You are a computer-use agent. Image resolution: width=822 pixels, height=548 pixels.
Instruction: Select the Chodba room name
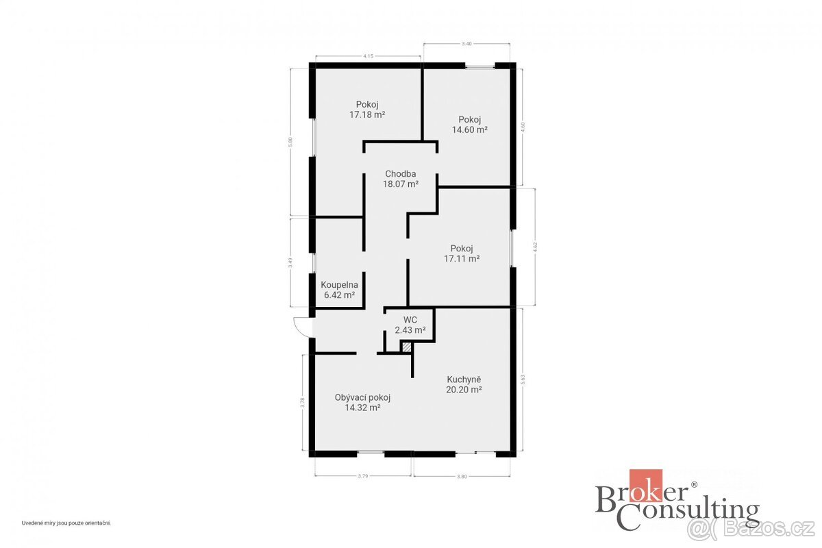coord(401,174)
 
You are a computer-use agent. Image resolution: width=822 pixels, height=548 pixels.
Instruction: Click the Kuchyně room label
coord(464,379)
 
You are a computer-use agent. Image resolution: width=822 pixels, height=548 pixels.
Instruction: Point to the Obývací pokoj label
coord(362,397)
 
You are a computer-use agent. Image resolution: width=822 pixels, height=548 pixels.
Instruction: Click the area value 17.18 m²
coord(366,115)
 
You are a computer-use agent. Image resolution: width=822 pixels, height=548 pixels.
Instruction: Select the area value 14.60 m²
coord(469,129)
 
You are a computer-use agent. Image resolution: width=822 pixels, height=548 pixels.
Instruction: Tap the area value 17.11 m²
coord(461,259)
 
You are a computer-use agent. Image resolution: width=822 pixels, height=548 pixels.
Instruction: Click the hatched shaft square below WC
coord(407,348)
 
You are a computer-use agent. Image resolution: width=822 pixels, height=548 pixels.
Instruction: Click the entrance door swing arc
coord(300,327)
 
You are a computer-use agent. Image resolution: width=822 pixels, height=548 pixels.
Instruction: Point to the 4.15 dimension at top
coord(368,55)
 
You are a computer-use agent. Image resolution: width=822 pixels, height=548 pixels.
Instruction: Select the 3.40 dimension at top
coord(466,44)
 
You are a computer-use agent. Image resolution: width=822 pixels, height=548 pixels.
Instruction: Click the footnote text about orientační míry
coord(66,523)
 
